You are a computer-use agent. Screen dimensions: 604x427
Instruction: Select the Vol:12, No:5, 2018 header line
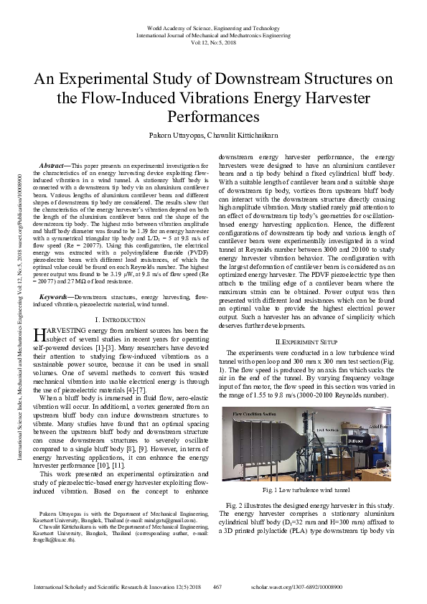click(x=213, y=42)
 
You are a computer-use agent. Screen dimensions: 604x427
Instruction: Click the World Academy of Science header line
click(x=213, y=27)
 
